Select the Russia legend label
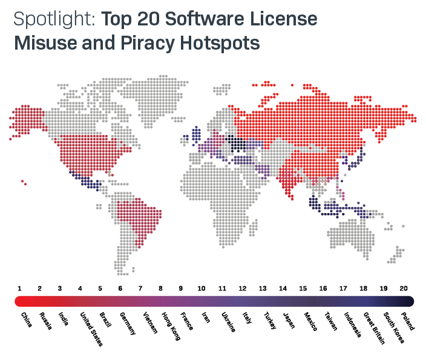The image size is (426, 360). (47, 320)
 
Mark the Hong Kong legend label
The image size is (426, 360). (170, 325)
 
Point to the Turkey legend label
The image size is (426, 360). (270, 321)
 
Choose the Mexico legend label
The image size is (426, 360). (310, 321)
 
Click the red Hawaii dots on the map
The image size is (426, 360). (24, 182)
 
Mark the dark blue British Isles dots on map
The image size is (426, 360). (195, 134)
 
